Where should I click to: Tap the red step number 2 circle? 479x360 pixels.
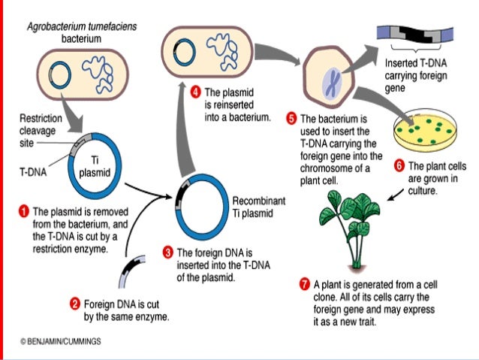[x=74, y=304]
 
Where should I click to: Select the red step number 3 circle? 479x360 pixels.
[x=169, y=251]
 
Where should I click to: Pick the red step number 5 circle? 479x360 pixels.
[x=291, y=119]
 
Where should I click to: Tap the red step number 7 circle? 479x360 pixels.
[x=304, y=284]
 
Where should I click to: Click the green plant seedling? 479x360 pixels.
[x=351, y=226]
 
